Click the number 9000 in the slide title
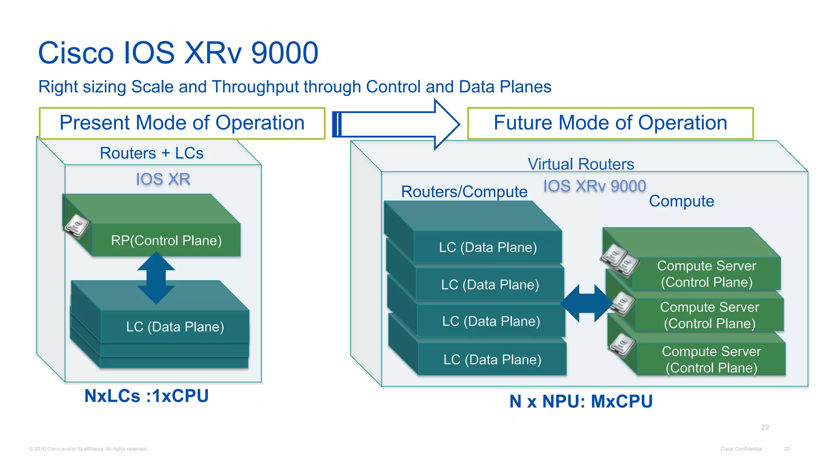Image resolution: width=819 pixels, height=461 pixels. [284, 53]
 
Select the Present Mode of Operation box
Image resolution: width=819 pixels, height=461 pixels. [182, 123]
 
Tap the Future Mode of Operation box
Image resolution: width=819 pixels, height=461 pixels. [610, 123]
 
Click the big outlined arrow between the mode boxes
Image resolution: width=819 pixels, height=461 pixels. [396, 124]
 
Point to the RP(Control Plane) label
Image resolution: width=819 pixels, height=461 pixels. [166, 241]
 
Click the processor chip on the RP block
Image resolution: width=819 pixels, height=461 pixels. [77, 226]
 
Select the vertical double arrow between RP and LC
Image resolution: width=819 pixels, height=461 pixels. [156, 278]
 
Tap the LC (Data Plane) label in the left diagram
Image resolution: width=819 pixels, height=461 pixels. [175, 327]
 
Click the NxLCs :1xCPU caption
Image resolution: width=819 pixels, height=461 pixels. [146, 396]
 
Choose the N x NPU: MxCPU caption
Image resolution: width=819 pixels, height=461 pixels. [581, 401]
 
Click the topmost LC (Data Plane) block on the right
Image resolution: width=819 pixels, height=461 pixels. [487, 247]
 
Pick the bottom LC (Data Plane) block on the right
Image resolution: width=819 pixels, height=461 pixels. [492, 359]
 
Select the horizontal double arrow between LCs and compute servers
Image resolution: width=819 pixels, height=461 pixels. [586, 303]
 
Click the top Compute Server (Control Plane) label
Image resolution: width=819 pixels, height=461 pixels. [706, 274]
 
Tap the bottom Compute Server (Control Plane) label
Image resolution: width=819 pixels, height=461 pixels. [711, 359]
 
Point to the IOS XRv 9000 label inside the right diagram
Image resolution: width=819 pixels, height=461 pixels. [594, 186]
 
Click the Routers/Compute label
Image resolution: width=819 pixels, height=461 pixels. [464, 192]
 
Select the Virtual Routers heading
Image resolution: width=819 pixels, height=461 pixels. [581, 164]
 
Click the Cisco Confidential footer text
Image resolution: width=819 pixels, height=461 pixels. [741, 449]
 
